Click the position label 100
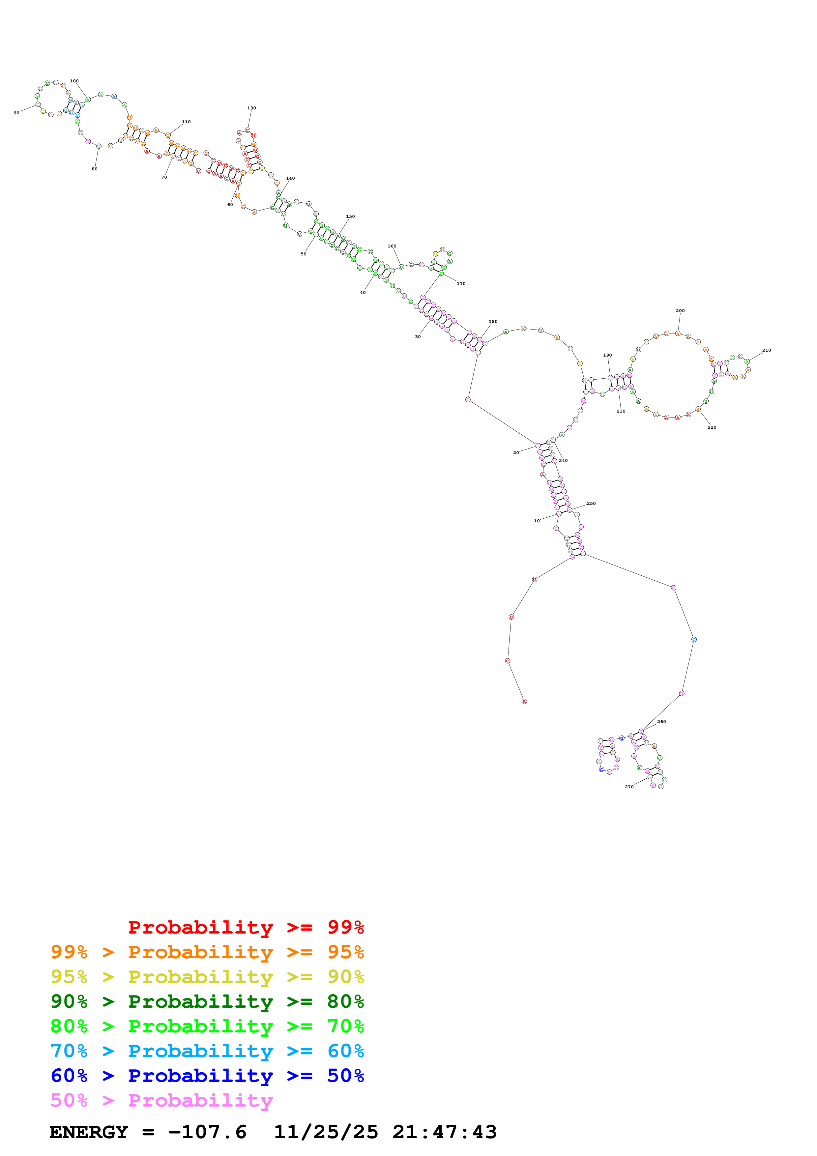(x=74, y=81)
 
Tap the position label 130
(x=251, y=108)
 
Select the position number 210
(x=766, y=350)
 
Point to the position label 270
(x=629, y=787)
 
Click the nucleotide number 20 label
(x=515, y=453)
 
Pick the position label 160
(x=392, y=246)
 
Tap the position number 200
(x=680, y=311)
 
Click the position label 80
(x=94, y=169)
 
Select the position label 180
(x=493, y=322)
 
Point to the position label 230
(x=621, y=411)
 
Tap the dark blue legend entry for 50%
(x=207, y=1076)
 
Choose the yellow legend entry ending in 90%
(x=207, y=977)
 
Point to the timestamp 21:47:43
(x=445, y=1132)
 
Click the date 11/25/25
(x=326, y=1132)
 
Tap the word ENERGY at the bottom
(x=89, y=1132)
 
